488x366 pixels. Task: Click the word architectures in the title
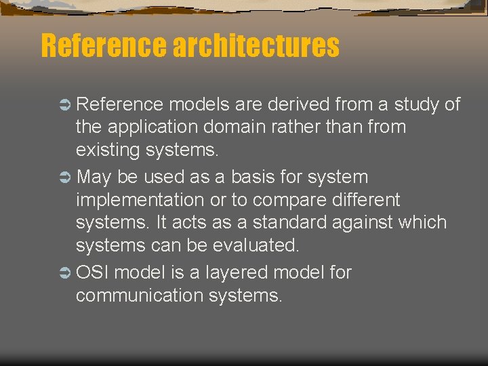[256, 46]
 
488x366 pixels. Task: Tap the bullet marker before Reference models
[64, 104]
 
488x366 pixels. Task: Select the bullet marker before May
[64, 178]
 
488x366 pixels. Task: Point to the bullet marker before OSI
[64, 273]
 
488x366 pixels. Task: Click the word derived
[298, 104]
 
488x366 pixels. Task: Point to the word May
[94, 178]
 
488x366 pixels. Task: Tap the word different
[365, 200]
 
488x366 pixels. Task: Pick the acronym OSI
[94, 273]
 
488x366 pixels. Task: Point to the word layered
[232, 273]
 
